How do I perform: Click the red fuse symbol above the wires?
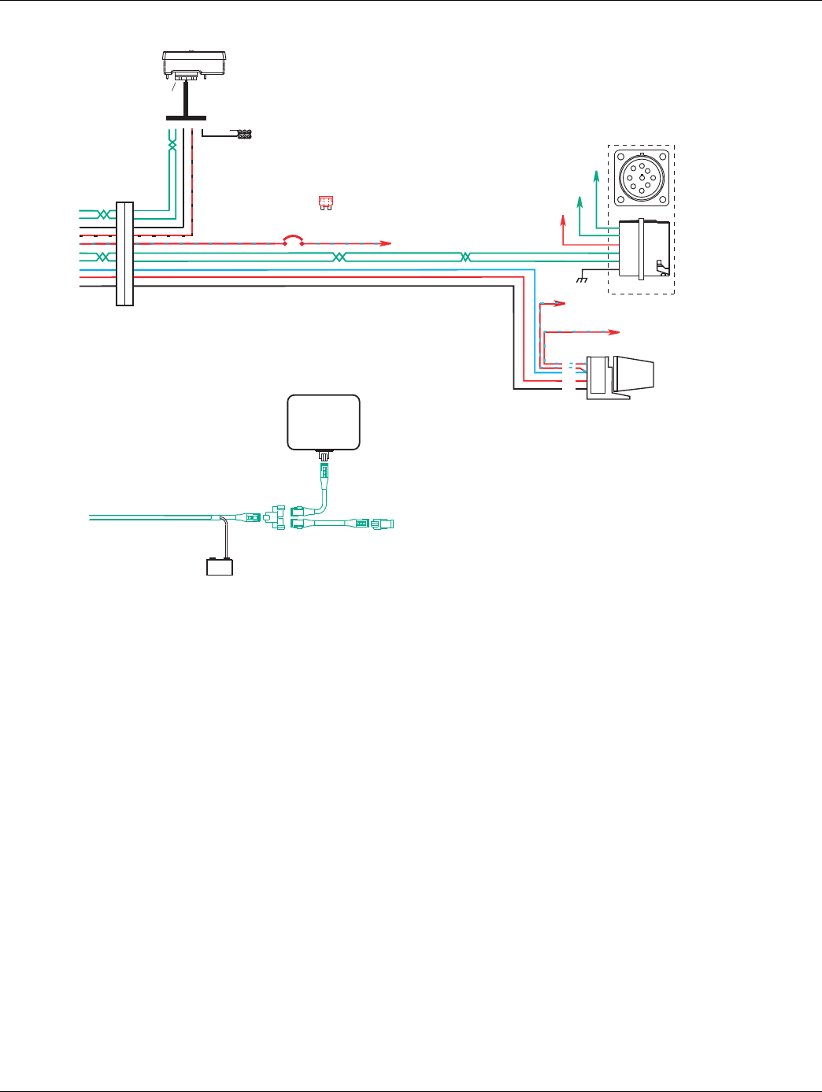[x=324, y=203]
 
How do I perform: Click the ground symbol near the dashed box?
[x=583, y=279]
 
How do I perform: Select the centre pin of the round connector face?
[x=641, y=178]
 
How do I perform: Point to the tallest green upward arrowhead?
[x=596, y=172]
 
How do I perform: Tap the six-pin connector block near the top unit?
[x=244, y=135]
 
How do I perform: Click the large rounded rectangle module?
[x=324, y=422]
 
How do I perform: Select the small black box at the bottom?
[x=219, y=567]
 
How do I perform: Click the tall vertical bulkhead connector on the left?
[x=124, y=254]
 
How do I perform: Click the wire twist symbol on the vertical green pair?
[x=173, y=146]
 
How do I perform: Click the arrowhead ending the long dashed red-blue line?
[x=616, y=332]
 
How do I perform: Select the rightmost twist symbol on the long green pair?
[x=465, y=257]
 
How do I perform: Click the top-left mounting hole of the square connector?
[x=622, y=157]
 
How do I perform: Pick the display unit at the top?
[x=194, y=62]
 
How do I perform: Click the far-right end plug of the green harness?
[x=386, y=523]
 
